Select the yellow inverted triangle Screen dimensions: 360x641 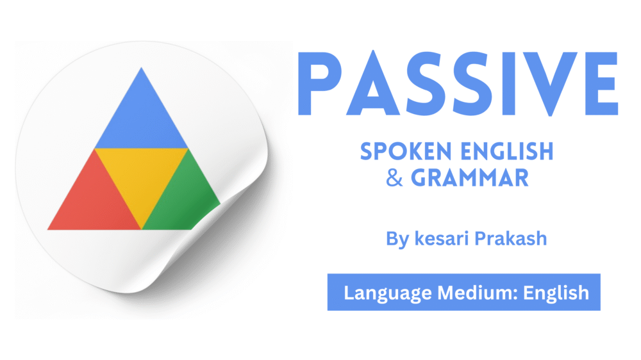(x=141, y=176)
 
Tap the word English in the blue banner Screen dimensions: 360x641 (x=556, y=293)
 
